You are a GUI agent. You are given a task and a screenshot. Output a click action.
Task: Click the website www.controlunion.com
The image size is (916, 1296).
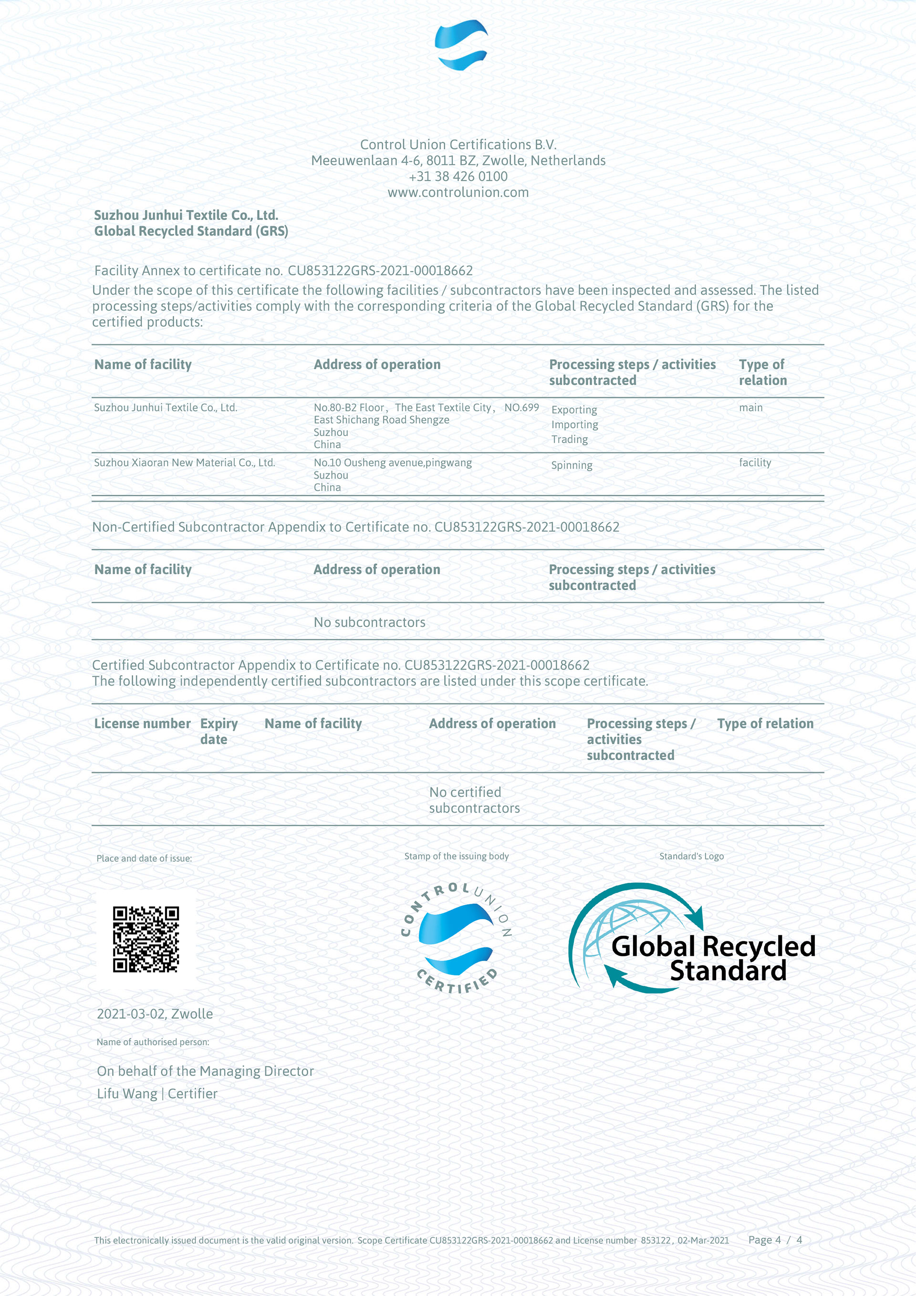click(458, 192)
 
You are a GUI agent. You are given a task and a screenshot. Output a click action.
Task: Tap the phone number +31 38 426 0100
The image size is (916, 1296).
click(458, 177)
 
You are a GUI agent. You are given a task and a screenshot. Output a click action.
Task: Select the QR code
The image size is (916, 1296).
click(146, 939)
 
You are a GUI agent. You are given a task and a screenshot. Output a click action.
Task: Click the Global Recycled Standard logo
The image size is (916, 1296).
click(692, 938)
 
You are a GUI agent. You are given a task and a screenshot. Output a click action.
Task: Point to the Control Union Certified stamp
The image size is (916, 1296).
click(456, 938)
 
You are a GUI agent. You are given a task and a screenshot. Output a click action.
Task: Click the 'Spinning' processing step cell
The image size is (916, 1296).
click(571, 466)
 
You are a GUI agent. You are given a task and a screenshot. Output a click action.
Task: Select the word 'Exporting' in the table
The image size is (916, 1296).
click(573, 410)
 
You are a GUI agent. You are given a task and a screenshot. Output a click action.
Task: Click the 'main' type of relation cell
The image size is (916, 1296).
click(750, 408)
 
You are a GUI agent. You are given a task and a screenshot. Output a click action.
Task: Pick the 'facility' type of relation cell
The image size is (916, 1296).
click(755, 463)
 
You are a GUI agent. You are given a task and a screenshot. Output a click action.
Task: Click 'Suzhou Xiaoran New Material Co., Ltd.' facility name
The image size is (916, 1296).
click(185, 463)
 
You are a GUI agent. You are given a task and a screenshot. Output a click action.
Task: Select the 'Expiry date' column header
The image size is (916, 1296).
click(219, 731)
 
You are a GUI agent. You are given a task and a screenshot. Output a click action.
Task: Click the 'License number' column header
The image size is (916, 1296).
click(142, 724)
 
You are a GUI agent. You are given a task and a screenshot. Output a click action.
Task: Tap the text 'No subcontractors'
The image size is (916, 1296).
click(369, 622)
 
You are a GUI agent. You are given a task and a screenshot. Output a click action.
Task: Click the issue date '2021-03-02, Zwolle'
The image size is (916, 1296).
click(155, 1014)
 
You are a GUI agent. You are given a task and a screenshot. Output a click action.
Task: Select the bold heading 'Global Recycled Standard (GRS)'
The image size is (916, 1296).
click(191, 231)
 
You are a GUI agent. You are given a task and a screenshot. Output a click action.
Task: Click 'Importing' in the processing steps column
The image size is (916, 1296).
click(574, 425)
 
